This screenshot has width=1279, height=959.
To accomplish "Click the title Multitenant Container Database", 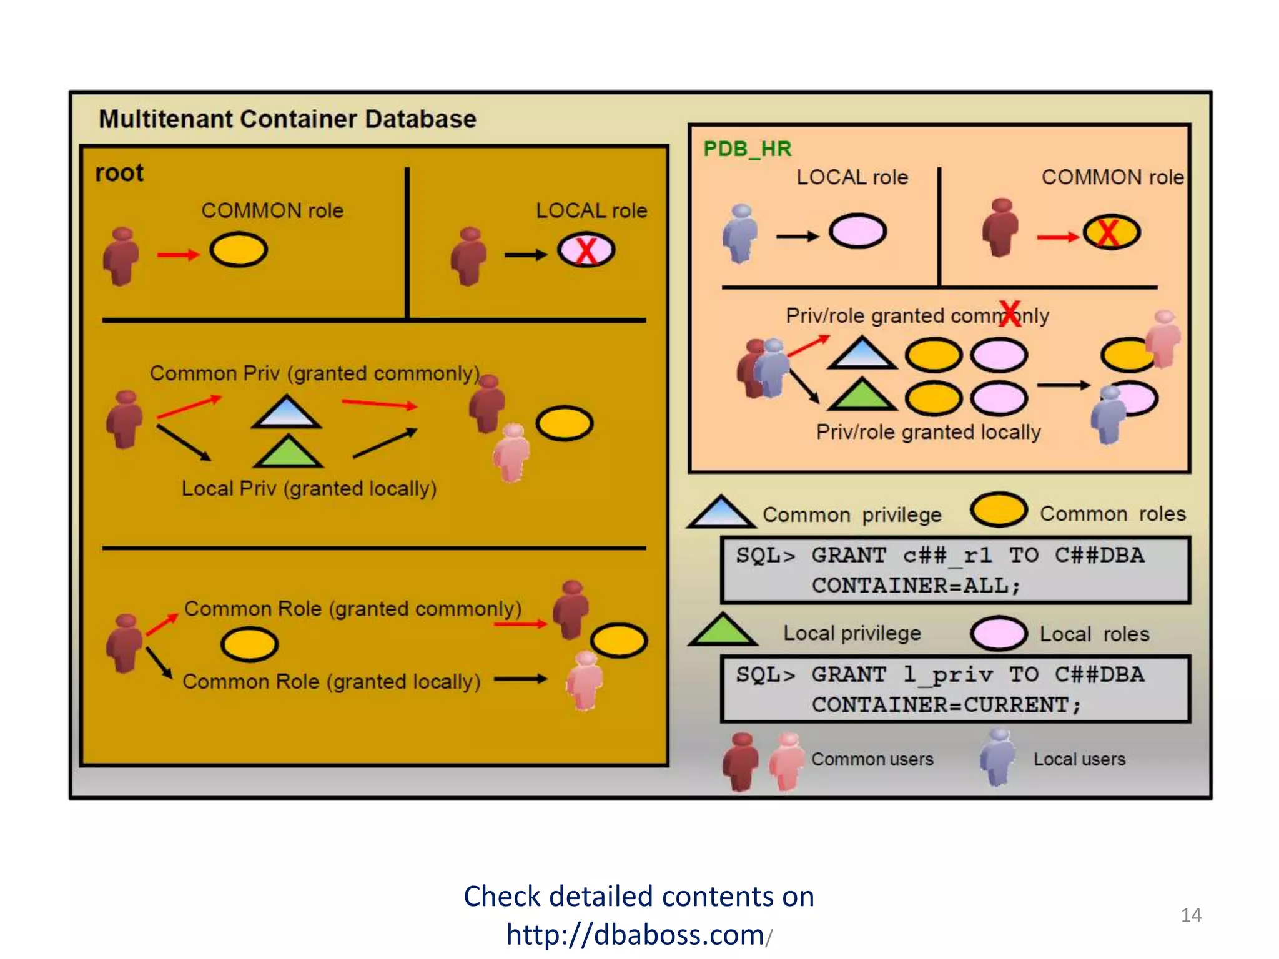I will [x=287, y=119].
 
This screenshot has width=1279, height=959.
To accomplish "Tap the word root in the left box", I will [x=119, y=173].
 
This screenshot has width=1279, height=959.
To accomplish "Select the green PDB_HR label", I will [x=747, y=149].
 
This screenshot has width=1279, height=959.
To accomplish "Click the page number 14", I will [x=1190, y=915].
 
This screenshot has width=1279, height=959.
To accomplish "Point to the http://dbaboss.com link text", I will [x=635, y=935].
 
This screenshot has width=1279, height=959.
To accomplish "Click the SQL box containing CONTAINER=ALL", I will [x=955, y=570].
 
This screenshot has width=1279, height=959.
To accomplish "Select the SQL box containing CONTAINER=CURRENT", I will [x=955, y=689].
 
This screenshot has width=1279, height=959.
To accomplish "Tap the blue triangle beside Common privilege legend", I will [x=721, y=513].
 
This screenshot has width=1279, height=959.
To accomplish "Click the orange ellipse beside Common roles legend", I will [x=998, y=510].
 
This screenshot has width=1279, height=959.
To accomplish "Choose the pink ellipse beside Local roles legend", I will [x=998, y=633].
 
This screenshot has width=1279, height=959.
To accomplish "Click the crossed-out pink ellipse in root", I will [x=586, y=250].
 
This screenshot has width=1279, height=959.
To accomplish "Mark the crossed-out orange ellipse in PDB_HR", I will [x=1111, y=232].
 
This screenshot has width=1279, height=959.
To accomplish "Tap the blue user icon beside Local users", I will [x=997, y=757].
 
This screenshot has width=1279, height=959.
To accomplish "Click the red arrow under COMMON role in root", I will [x=178, y=254].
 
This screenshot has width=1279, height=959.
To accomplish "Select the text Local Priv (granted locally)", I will [x=309, y=488].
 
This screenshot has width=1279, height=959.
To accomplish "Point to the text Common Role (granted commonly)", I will [x=352, y=609].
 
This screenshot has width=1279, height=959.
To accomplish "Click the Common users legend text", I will [x=872, y=759].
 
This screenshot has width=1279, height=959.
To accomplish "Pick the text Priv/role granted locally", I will [x=928, y=432].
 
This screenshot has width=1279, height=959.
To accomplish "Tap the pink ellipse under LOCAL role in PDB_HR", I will [x=857, y=231].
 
